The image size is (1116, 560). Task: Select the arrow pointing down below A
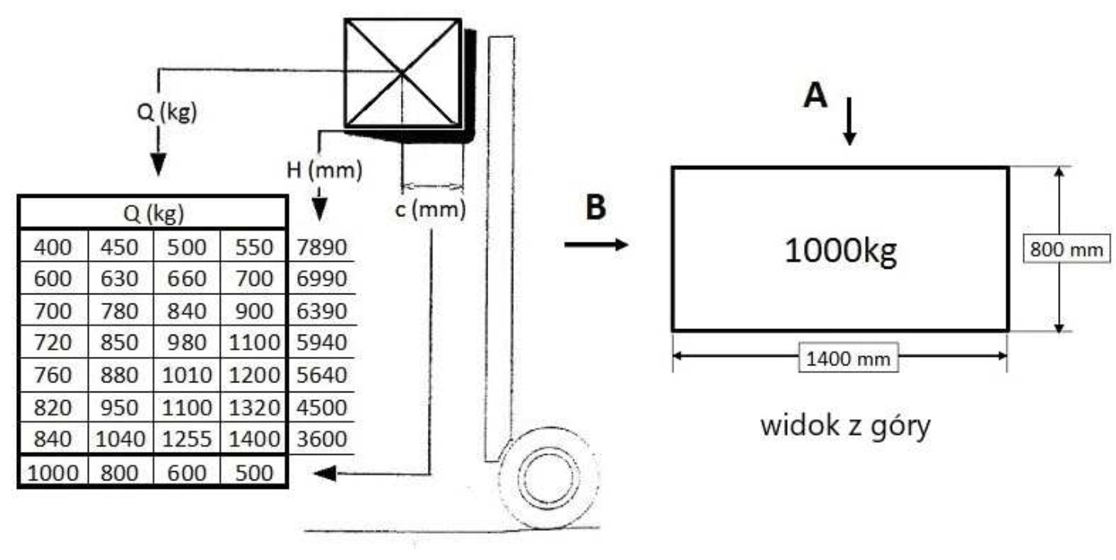[849, 121]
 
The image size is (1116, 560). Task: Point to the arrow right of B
[596, 245]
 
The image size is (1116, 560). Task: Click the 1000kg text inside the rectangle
[840, 252]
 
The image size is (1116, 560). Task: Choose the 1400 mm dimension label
[848, 358]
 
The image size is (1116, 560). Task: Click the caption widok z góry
[845, 425]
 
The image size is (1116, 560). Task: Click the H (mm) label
[324, 170]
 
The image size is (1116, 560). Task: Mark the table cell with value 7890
[321, 247]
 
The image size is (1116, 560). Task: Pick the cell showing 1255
[188, 440]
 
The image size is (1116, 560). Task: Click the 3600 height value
[321, 440]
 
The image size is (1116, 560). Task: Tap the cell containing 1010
[188, 375]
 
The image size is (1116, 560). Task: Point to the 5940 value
[321, 343]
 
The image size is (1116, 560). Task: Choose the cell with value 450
[120, 247]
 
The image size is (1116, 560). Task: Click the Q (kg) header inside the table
[153, 212]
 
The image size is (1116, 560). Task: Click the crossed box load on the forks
[402, 73]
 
